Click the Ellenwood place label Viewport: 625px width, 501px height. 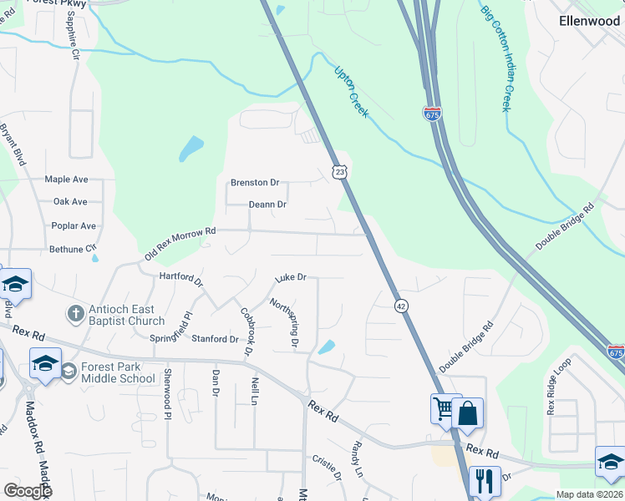click(590, 21)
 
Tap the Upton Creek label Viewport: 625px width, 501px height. click(351, 91)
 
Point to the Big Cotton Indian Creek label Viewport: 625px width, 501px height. click(495, 58)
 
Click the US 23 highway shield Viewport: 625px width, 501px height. click(338, 170)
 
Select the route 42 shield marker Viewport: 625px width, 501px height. click(402, 306)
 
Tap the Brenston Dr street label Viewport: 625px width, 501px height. click(255, 183)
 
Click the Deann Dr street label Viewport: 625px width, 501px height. click(267, 205)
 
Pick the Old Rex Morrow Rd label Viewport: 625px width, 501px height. click(180, 242)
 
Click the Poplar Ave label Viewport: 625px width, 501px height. click(74, 225)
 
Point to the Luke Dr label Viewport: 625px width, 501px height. click(292, 277)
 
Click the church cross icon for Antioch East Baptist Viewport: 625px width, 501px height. click(74, 314)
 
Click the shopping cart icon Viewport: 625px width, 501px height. click(444, 408)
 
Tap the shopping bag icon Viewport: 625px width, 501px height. click(468, 412)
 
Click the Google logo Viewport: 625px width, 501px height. click(28, 490)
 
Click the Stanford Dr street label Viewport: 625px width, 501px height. click(216, 339)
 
